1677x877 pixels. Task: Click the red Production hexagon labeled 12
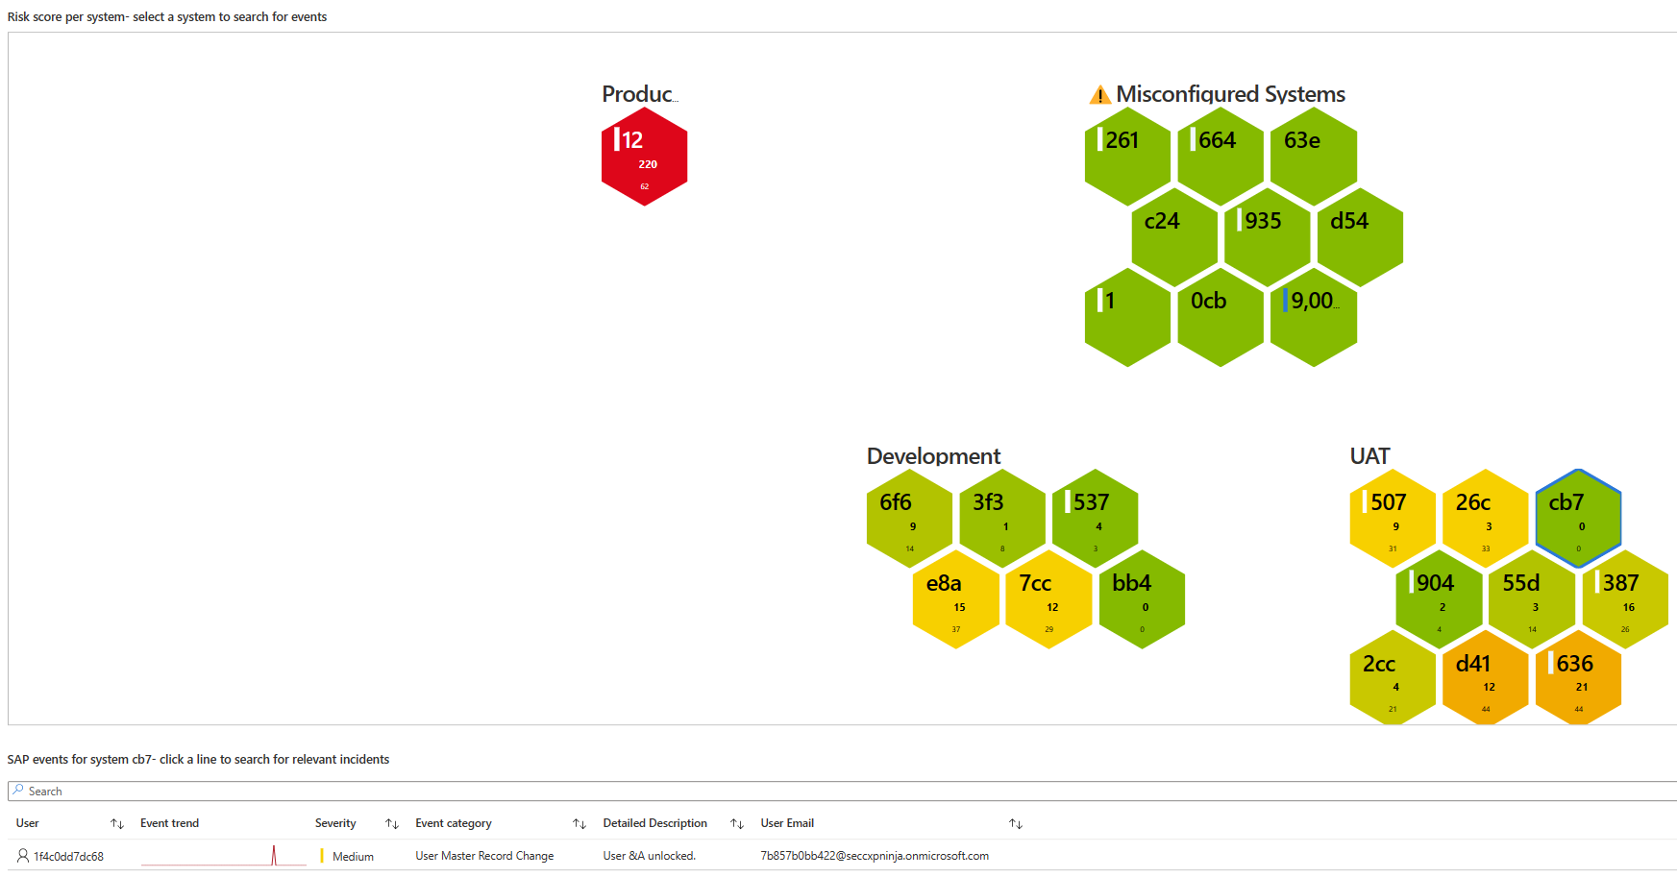tap(644, 157)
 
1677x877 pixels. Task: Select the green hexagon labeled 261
tap(1127, 157)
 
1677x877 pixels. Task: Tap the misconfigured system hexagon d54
tap(1360, 237)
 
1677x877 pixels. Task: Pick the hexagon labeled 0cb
tap(1221, 318)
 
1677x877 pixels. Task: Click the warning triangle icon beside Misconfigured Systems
tap(1099, 95)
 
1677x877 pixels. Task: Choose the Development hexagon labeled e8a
tap(955, 599)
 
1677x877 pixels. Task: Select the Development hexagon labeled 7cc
tap(1048, 599)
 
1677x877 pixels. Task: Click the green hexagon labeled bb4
tap(1142, 599)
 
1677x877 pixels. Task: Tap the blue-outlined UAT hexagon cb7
tap(1578, 519)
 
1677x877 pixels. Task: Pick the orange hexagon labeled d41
tap(1485, 679)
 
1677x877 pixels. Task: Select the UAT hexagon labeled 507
tap(1393, 519)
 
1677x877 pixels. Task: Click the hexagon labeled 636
tap(1578, 679)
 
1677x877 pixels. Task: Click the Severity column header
tap(335, 823)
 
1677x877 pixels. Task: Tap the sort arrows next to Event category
tap(580, 824)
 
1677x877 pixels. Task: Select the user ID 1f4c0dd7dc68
tap(68, 857)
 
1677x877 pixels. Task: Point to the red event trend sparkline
tap(223, 856)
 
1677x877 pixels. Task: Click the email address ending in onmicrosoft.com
tap(874, 856)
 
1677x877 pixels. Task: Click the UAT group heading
tap(1369, 456)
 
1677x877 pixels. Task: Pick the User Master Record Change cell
tap(484, 856)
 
